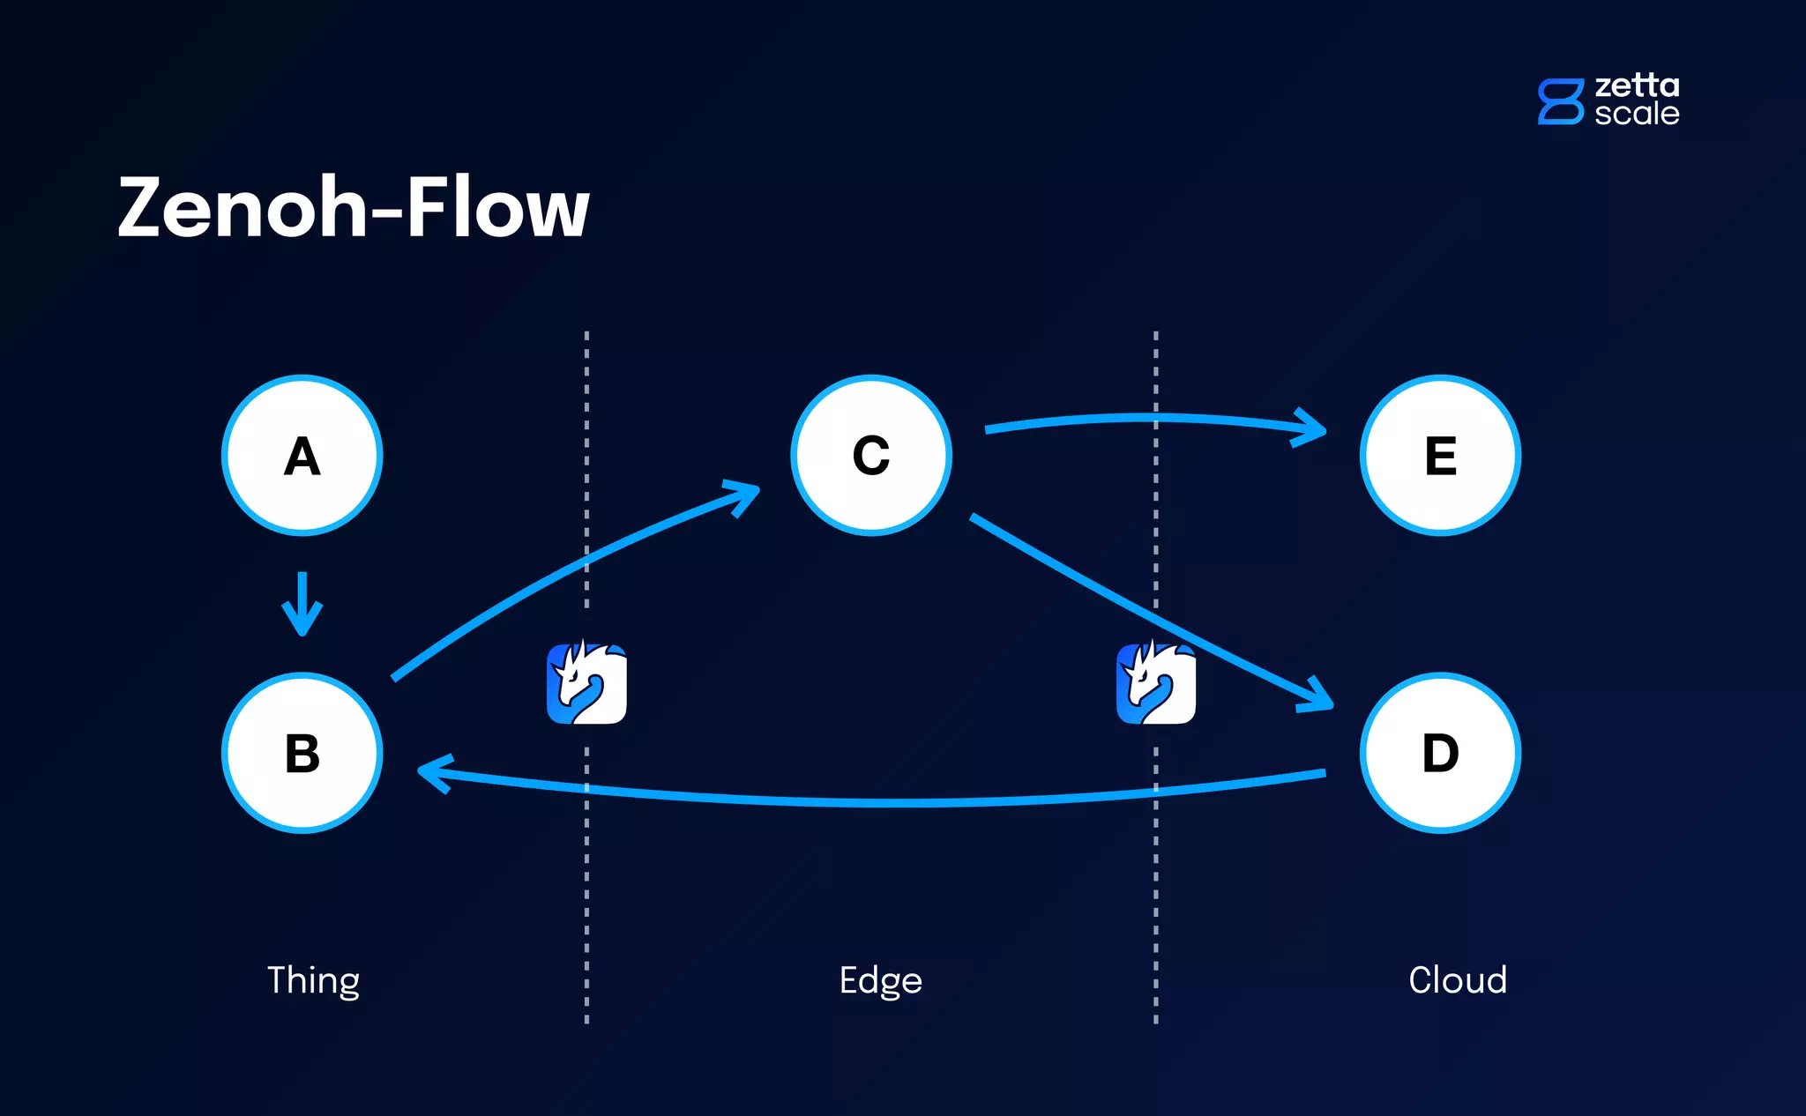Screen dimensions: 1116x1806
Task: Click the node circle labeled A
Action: [302, 456]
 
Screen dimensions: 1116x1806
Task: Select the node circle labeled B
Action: [302, 753]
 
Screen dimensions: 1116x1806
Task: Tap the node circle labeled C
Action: [871, 456]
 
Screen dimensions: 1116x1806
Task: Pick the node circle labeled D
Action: [1440, 753]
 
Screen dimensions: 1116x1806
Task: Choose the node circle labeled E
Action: [1440, 456]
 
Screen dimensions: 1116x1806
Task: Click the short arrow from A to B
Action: [302, 605]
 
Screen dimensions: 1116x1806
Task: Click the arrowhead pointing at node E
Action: [1312, 428]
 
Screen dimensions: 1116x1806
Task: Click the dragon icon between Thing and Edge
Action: [586, 683]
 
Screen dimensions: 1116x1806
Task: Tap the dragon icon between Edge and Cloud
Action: [1155, 683]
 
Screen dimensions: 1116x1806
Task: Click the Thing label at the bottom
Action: [313, 980]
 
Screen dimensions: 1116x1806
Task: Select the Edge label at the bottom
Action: [880, 980]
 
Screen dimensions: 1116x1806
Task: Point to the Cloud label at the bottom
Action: [1457, 980]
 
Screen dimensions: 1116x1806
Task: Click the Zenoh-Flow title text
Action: [353, 208]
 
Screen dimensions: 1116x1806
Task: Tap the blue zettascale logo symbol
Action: [1560, 101]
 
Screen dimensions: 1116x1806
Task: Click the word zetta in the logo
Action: [1637, 86]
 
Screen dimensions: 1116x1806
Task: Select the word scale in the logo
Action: [1637, 114]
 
